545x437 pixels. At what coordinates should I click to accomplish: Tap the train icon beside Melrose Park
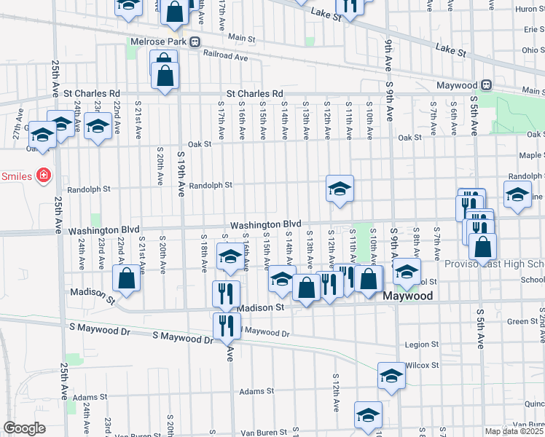click(195, 42)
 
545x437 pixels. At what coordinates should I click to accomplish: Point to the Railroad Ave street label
click(226, 55)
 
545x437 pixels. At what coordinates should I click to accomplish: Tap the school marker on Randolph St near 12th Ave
click(340, 189)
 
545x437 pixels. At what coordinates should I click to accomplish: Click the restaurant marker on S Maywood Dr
click(227, 325)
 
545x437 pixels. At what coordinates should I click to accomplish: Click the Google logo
click(24, 428)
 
